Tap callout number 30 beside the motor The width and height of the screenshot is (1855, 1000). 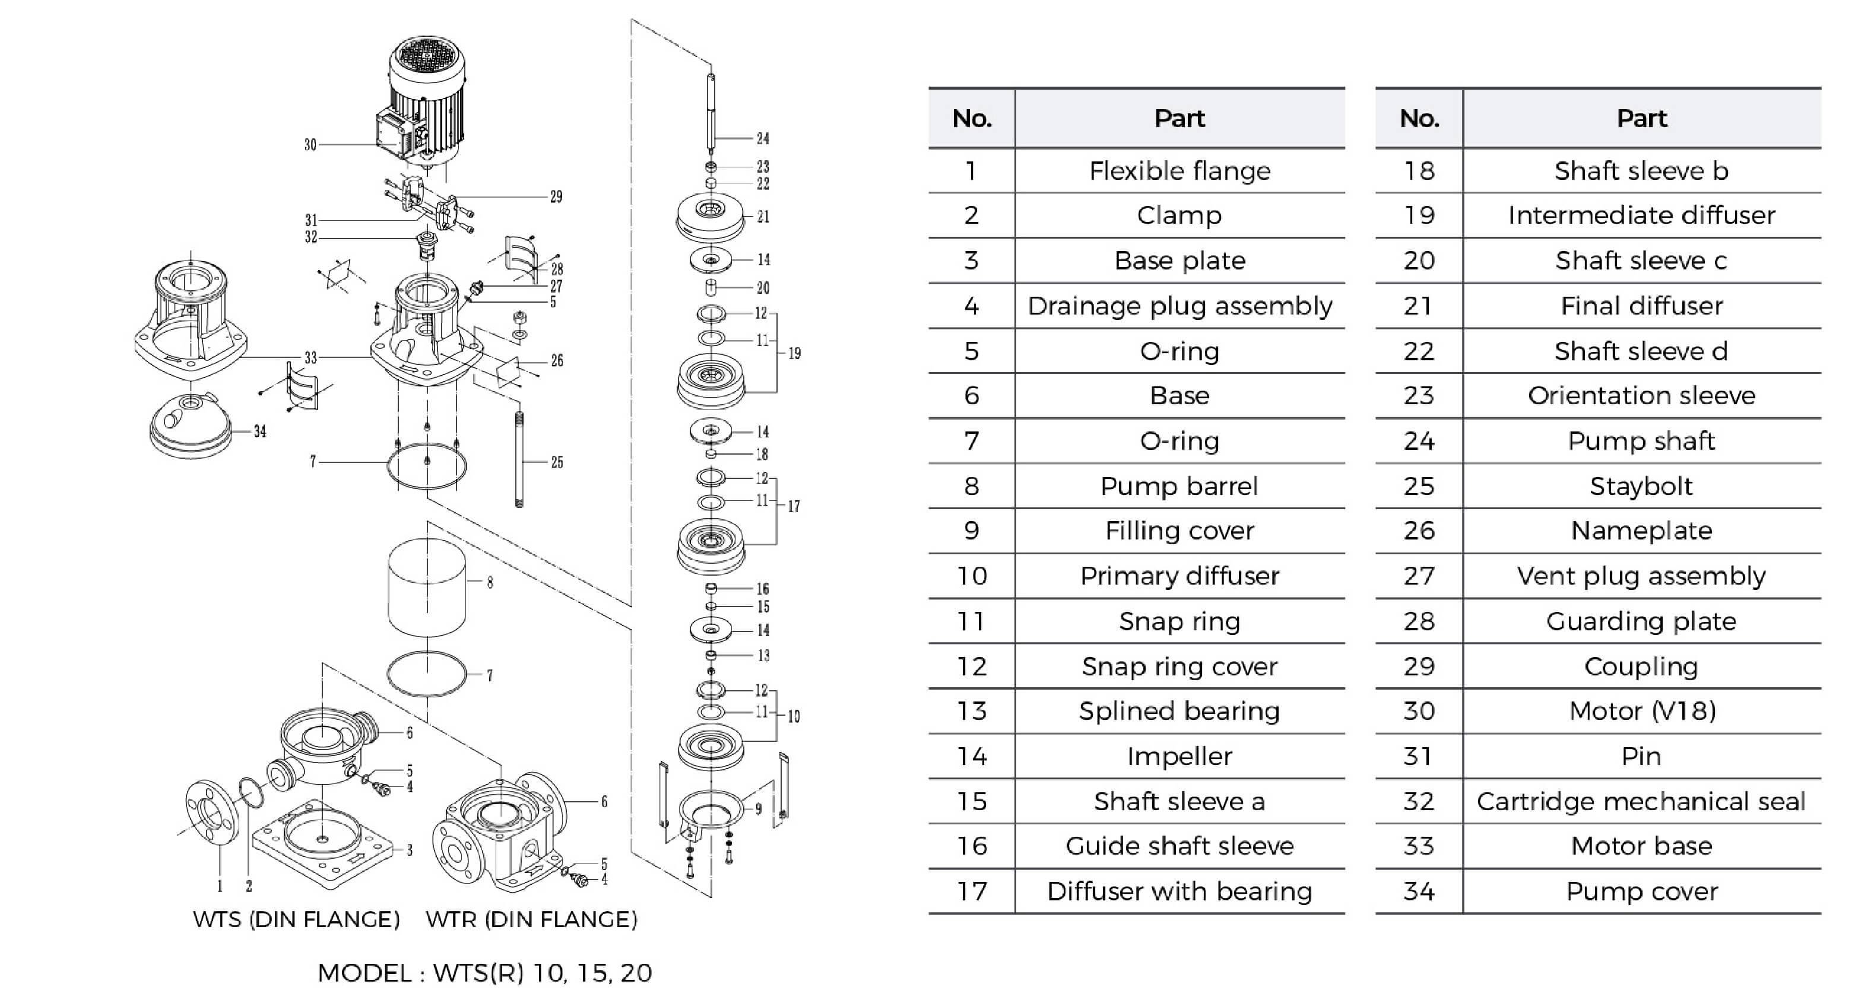point(310,145)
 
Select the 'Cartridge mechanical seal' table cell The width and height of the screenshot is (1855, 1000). point(1641,801)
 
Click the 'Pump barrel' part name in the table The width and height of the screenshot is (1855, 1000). point(1179,486)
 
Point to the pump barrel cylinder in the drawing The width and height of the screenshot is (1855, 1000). point(426,587)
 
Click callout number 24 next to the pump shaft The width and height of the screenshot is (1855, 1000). point(763,138)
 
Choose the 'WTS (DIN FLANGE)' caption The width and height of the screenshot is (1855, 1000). point(296,919)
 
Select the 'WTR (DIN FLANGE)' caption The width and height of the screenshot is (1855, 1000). point(531,919)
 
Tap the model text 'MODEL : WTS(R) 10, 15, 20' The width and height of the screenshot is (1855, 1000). point(484,973)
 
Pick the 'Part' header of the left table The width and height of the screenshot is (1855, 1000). point(1179,118)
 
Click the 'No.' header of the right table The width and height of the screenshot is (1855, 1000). point(1419,118)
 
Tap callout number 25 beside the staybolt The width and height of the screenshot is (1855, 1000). point(557,462)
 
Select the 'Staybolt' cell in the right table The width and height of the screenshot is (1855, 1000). point(1641,486)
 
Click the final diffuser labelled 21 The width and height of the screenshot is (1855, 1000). point(711,216)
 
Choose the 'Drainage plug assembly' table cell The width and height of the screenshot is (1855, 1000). point(1179,306)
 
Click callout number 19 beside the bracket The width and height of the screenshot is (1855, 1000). point(794,354)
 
